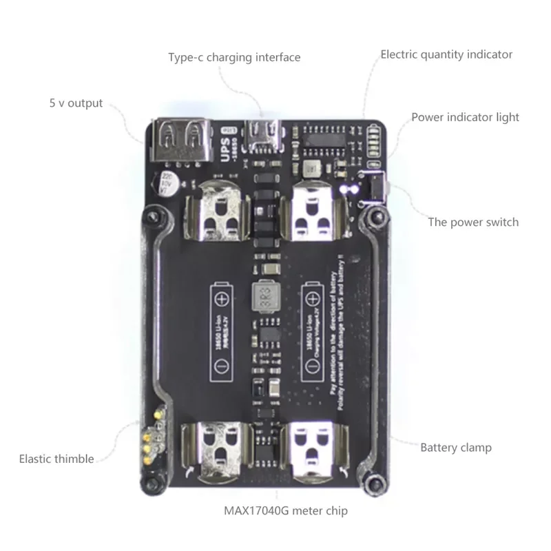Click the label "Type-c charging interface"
234,57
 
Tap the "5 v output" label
76,103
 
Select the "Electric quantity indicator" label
446,54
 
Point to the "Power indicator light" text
465,117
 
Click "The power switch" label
473,222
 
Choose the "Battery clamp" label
456,448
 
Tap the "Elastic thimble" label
56,459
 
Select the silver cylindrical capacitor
167,184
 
